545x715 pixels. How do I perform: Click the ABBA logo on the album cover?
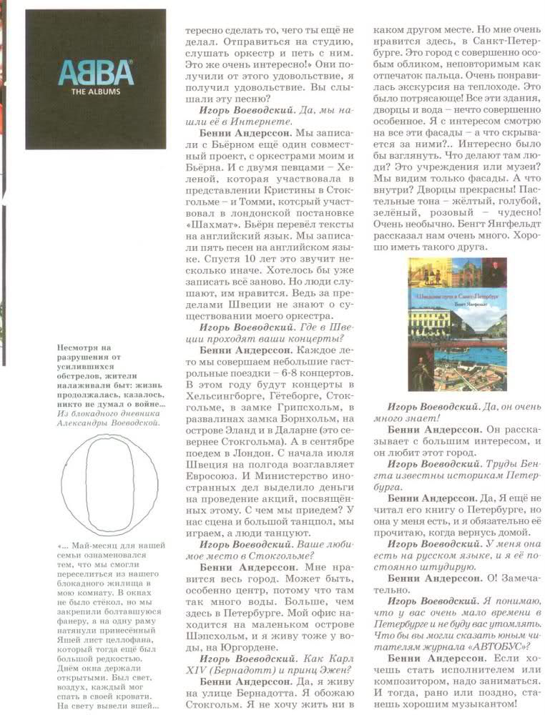96,73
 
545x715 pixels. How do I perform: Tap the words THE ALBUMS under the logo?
96,92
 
